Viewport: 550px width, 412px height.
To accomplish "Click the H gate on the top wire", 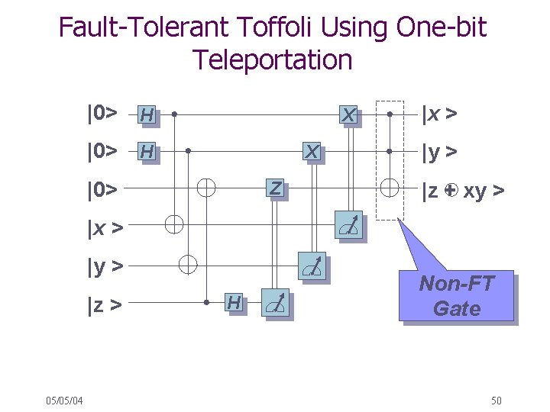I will tap(147, 114).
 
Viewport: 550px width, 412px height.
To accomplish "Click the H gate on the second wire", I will tap(147, 152).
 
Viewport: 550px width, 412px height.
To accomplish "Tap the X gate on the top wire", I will tap(348, 114).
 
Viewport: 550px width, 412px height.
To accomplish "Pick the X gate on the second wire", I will tap(312, 152).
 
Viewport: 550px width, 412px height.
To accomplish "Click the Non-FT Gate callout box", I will tap(456, 297).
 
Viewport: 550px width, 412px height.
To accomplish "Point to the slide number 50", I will tap(496, 401).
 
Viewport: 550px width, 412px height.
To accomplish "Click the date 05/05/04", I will tap(65, 401).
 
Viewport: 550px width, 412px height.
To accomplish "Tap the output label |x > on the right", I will tap(441, 114).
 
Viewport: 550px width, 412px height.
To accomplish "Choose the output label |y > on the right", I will tap(441, 152).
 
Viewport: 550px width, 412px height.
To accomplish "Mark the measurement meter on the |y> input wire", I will tap(312, 265).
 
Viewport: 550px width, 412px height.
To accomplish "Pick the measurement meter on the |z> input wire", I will tap(276, 302).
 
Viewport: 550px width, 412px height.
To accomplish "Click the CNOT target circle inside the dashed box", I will tap(390, 187).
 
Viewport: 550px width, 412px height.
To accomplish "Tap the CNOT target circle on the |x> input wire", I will tap(174, 224).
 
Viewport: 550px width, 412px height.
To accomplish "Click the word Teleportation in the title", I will tap(273, 60).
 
